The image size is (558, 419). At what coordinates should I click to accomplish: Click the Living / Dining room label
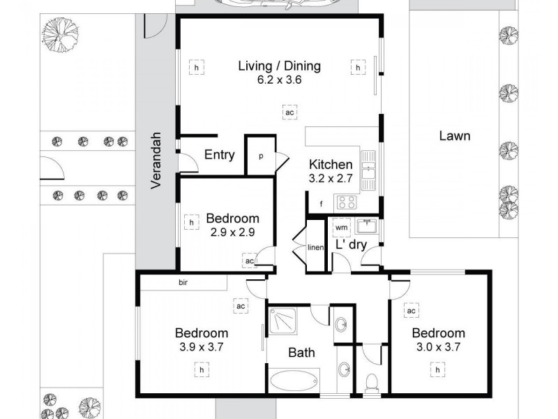click(x=279, y=66)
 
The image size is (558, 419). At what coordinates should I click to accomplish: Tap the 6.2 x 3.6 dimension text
click(x=279, y=80)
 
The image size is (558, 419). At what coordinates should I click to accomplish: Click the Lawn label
click(x=454, y=135)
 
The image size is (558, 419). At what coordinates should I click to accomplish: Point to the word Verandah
click(x=157, y=160)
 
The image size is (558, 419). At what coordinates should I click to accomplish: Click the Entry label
click(x=219, y=155)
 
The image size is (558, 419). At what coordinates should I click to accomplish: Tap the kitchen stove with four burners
click(x=347, y=203)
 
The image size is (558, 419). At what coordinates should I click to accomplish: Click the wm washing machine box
click(x=342, y=228)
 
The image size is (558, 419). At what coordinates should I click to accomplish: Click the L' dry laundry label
click(x=351, y=245)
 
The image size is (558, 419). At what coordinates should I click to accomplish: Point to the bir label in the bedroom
click(x=185, y=284)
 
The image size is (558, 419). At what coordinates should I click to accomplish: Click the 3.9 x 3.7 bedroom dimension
click(x=201, y=346)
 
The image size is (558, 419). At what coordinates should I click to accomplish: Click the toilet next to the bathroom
click(x=372, y=381)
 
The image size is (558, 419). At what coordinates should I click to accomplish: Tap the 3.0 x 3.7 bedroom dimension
click(x=437, y=346)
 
